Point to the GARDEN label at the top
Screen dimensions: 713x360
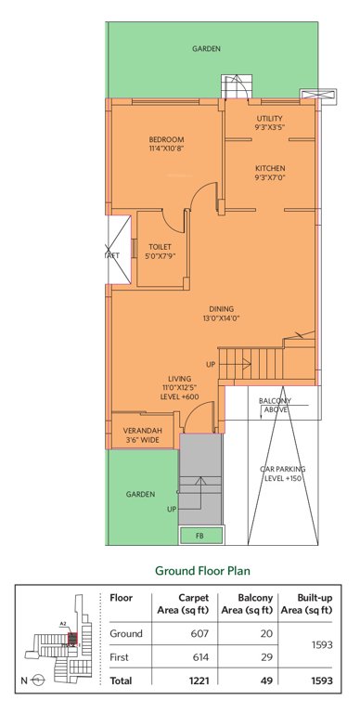click(x=206, y=48)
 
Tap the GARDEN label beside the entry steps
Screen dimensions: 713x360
click(x=140, y=495)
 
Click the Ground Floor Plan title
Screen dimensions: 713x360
click(x=206, y=570)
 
